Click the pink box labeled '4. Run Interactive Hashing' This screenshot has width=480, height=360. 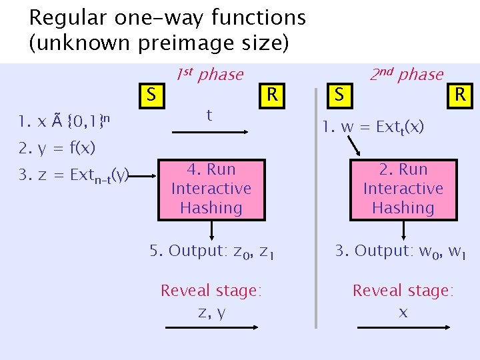(211, 189)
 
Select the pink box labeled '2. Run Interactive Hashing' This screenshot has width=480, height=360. (403, 189)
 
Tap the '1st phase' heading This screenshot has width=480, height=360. (210, 74)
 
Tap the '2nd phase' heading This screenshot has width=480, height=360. (407, 74)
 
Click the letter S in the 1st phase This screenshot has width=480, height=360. (151, 95)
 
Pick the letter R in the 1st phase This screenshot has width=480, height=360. (271, 94)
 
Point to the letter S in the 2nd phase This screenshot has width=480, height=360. (339, 95)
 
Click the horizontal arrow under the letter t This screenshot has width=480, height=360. (210, 133)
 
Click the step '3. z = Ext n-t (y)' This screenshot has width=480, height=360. (73, 175)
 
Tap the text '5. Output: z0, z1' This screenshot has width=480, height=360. (211, 251)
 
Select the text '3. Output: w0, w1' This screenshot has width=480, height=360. (401, 251)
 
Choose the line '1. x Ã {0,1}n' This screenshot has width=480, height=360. (64, 121)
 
